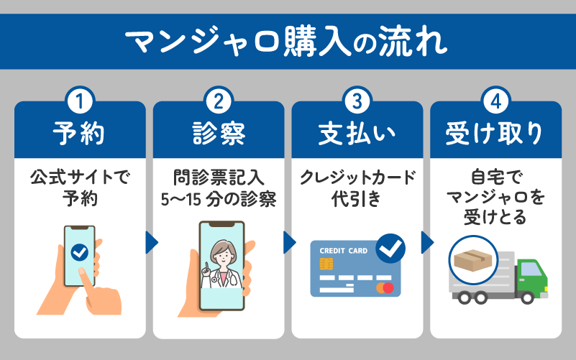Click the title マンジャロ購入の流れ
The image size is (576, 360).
click(x=285, y=42)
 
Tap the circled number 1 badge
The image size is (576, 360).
click(x=80, y=101)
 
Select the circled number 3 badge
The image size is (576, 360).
click(x=357, y=101)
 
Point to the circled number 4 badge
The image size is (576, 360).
click(x=496, y=101)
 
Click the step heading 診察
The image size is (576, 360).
click(x=219, y=134)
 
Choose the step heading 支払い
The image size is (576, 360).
click(x=357, y=134)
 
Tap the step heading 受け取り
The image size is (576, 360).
click(x=495, y=134)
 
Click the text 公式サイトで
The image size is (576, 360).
click(x=80, y=177)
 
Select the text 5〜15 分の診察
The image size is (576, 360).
click(x=219, y=200)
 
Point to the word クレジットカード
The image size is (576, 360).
click(x=357, y=177)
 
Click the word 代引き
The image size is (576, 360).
click(x=356, y=199)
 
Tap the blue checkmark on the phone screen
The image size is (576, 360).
click(x=79, y=252)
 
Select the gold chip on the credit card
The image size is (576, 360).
click(x=326, y=264)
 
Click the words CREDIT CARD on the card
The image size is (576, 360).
click(x=344, y=251)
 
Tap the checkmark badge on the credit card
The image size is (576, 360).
click(x=390, y=249)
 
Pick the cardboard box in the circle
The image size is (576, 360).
click(x=473, y=260)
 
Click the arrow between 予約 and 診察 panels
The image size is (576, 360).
click(x=151, y=243)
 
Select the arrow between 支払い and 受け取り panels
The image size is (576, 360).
click(x=427, y=243)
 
